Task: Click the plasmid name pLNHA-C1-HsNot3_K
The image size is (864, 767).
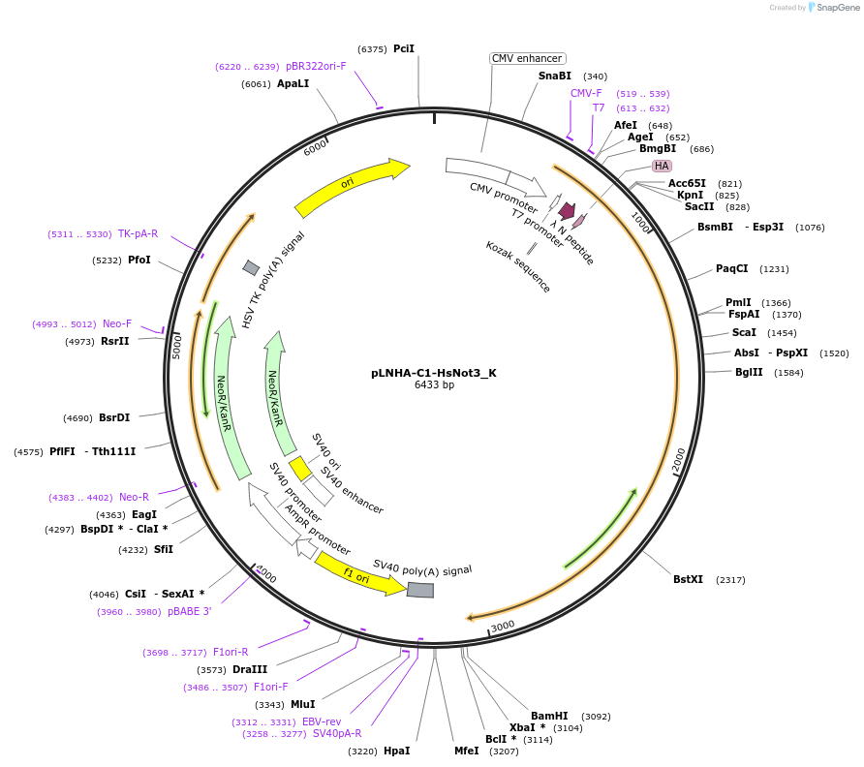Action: (x=433, y=372)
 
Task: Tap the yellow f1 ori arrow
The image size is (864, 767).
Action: (x=359, y=574)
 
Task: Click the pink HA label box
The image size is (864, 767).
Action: (x=662, y=166)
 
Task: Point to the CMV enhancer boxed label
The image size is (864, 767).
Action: (x=527, y=58)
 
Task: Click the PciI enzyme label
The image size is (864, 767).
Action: (x=404, y=48)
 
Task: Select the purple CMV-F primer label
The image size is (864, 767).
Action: (x=586, y=93)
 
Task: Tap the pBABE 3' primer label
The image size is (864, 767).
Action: (x=189, y=611)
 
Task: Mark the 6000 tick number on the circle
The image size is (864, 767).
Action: (x=315, y=147)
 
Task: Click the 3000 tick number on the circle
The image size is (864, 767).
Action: (x=503, y=627)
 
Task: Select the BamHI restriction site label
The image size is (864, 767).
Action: (x=549, y=716)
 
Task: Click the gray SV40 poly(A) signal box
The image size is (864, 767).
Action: (x=420, y=590)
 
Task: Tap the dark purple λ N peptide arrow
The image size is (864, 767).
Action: (x=567, y=210)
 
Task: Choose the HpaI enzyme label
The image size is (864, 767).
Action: (x=396, y=751)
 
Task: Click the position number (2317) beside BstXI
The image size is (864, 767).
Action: (x=730, y=579)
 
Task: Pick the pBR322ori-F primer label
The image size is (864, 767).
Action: (x=316, y=66)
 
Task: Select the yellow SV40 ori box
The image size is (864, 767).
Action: (x=299, y=468)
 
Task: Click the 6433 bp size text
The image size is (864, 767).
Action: (x=434, y=384)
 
